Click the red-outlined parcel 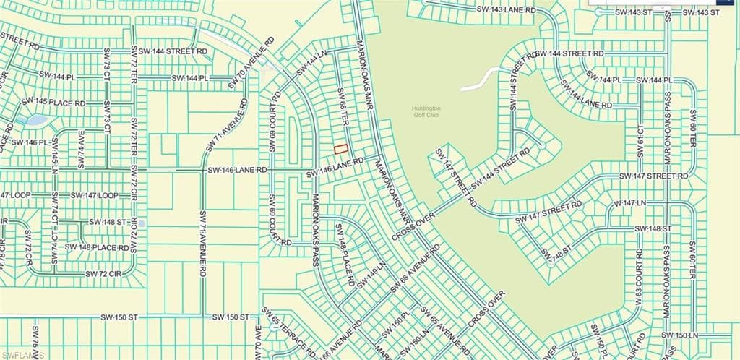pyautogui.click(x=340, y=148)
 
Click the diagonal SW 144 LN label pyautogui.click(x=311, y=65)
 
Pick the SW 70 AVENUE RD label pyautogui.click(x=251, y=64)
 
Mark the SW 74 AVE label pyautogui.click(x=80, y=150)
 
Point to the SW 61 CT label pyautogui.click(x=640, y=140)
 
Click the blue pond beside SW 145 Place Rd pyautogui.click(x=35, y=120)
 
